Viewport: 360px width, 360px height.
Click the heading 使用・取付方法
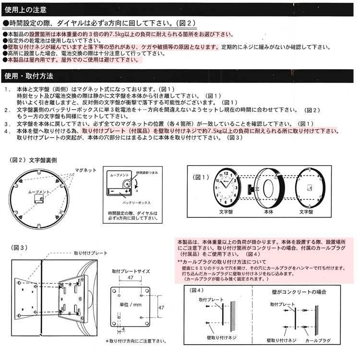[28, 76]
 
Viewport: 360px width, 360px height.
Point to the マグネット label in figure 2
[86, 170]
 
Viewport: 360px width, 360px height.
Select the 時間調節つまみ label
[145, 172]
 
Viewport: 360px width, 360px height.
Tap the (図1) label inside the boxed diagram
[201, 178]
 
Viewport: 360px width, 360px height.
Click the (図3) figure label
[20, 248]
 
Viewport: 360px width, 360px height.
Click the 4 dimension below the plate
[124, 329]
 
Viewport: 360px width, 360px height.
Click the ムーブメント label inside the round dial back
[37, 192]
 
